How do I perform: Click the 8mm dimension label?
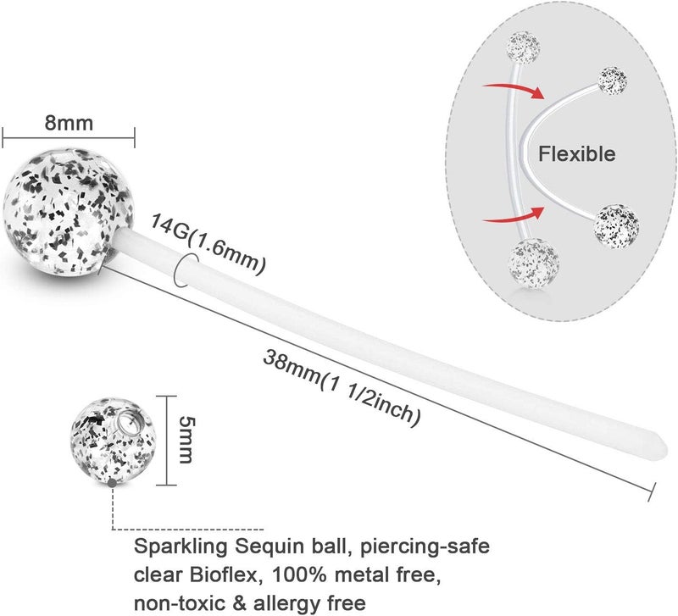69,123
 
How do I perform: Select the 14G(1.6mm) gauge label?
208,244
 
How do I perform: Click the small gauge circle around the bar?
186,269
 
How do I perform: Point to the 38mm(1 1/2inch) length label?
342,388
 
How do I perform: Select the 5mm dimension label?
186,440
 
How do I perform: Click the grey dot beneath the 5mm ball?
112,483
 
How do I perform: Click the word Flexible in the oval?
576,154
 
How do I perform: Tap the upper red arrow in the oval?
514,90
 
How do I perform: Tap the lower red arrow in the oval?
514,215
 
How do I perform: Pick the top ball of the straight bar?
523,47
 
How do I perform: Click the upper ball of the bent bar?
612,80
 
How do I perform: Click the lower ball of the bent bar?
617,226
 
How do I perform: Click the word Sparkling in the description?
181,547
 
